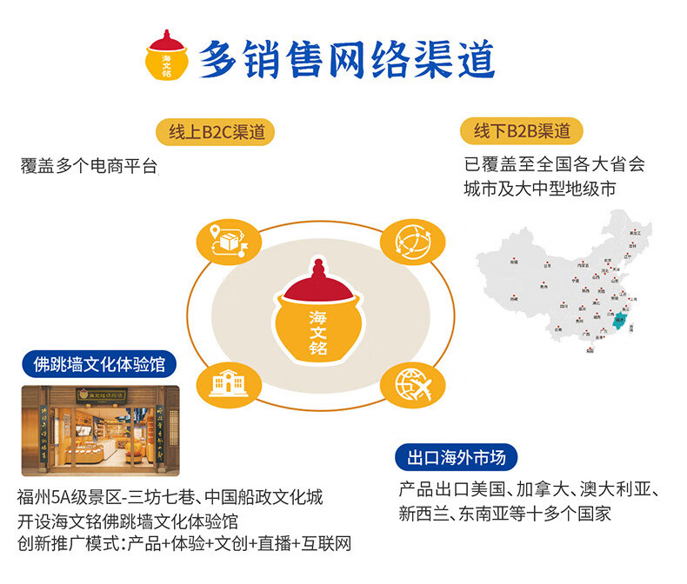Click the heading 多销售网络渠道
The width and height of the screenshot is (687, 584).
347,59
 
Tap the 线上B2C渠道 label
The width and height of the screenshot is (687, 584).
216,132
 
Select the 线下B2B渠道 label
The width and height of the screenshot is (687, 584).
522,131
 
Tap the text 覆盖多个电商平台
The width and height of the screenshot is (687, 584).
89,167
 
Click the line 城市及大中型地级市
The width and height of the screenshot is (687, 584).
541,189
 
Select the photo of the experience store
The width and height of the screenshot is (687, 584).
100,431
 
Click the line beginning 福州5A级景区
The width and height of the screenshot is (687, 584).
170,498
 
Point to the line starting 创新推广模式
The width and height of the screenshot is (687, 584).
183,544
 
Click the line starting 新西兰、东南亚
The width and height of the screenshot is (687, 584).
505,513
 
